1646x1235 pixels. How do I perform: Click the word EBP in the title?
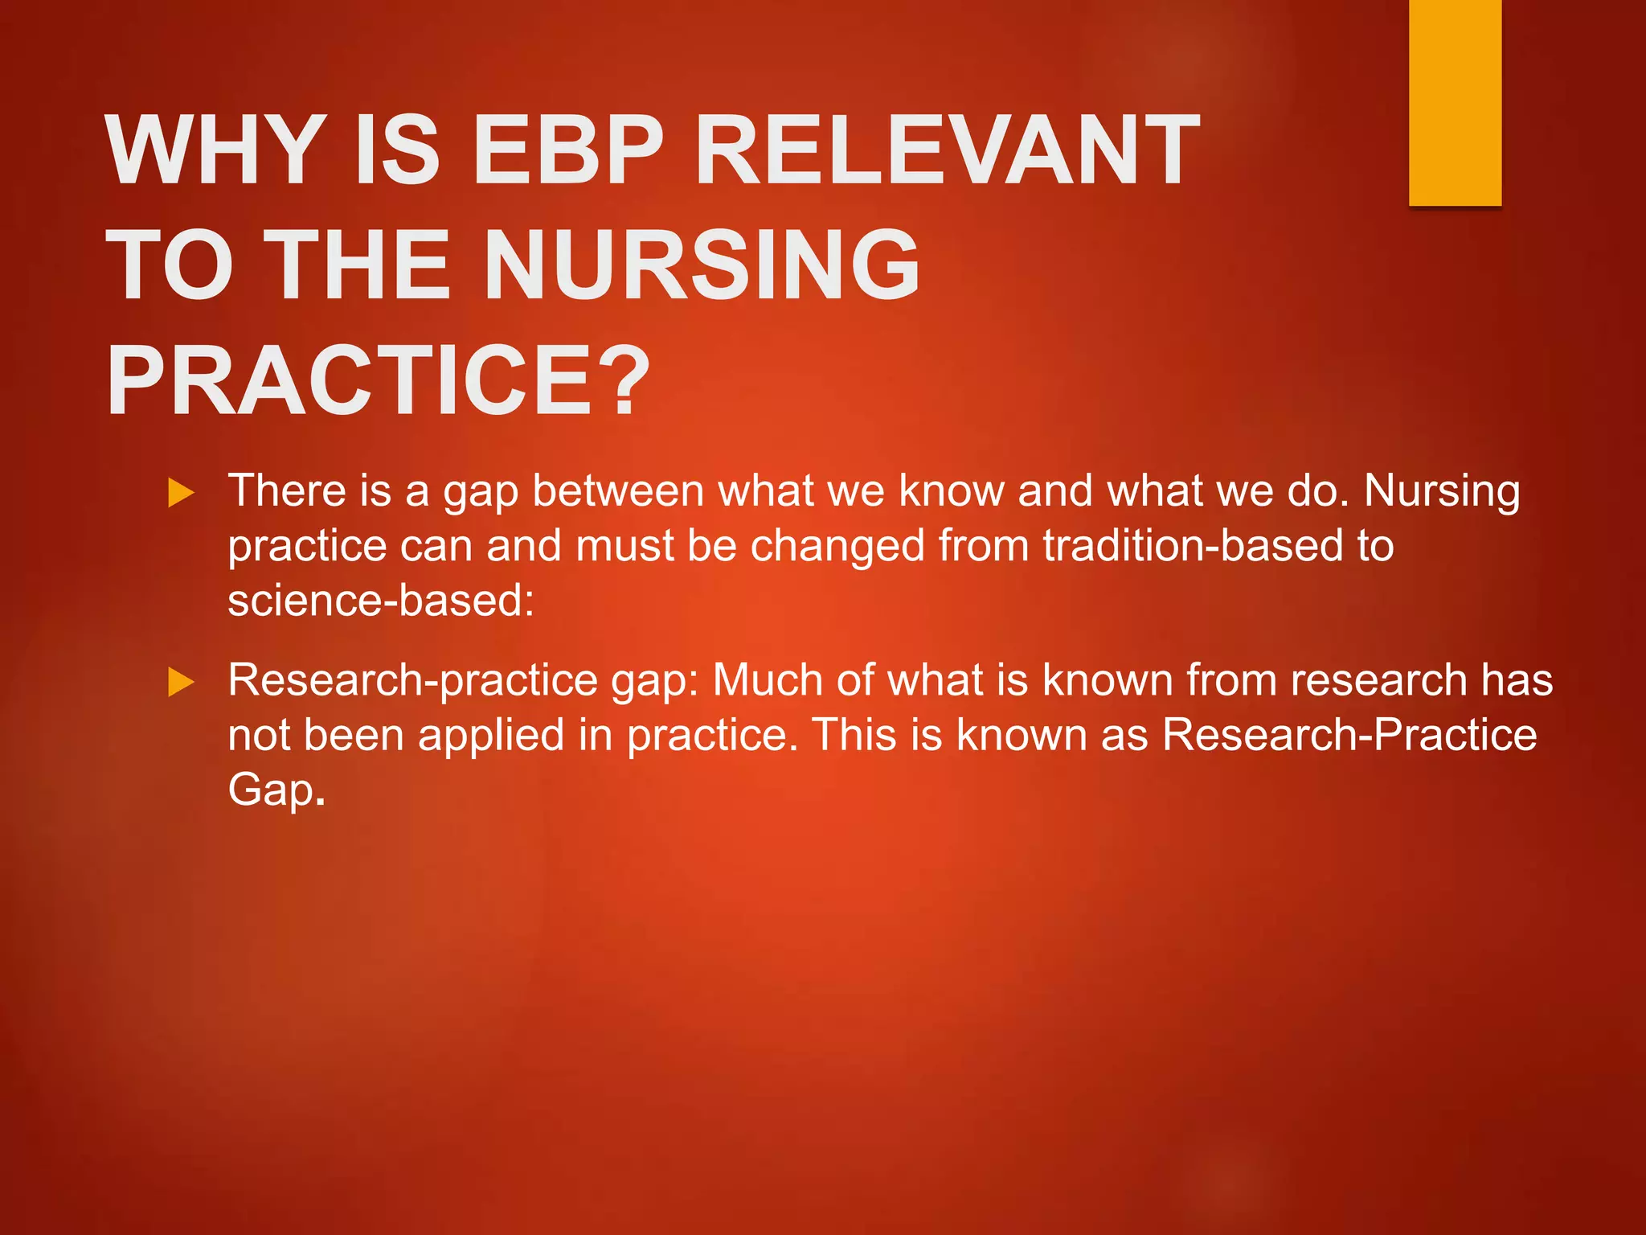[x=567, y=150]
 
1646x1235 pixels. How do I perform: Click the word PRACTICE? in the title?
[x=378, y=380]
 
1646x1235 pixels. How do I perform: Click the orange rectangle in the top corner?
[x=1455, y=102]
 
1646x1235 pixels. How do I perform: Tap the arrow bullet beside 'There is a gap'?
[x=182, y=493]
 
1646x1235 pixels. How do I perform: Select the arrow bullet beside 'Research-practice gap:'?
[x=182, y=683]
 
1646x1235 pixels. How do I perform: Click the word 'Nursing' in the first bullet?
[x=1442, y=490]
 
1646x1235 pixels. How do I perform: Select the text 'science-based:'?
[x=381, y=600]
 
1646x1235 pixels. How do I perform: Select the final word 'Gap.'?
[x=276, y=791]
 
